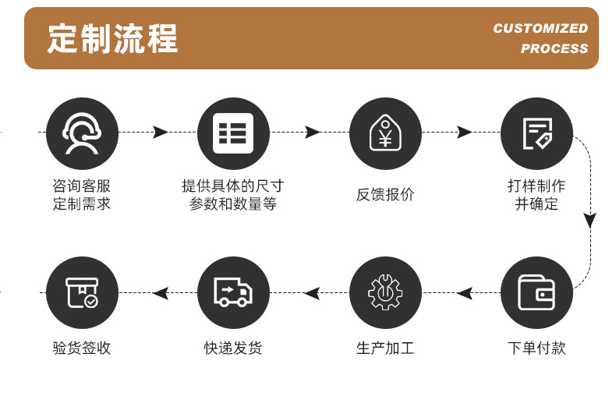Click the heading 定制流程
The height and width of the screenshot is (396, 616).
pyautogui.click(x=113, y=38)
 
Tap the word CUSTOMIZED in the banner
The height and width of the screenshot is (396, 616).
pyautogui.click(x=540, y=29)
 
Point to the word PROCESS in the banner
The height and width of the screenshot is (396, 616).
pyautogui.click(x=554, y=48)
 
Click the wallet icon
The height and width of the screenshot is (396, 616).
pyautogui.click(x=536, y=293)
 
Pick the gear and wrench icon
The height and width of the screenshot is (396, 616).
pyautogui.click(x=384, y=293)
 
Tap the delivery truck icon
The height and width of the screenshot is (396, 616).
pyautogui.click(x=233, y=293)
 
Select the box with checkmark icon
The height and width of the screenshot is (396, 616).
pyautogui.click(x=82, y=293)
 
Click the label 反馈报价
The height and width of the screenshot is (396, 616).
pyautogui.click(x=385, y=195)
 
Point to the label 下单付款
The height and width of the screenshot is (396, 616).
pyautogui.click(x=536, y=348)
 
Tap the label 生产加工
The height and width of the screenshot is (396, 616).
pyautogui.click(x=385, y=348)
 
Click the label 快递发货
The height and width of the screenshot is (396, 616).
pyautogui.click(x=233, y=348)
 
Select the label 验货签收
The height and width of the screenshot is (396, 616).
pyautogui.click(x=82, y=348)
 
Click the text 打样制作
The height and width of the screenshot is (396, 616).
pyautogui.click(x=536, y=186)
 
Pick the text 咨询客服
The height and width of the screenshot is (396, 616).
pyautogui.click(x=82, y=186)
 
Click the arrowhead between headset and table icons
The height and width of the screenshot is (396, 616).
pyautogui.click(x=161, y=133)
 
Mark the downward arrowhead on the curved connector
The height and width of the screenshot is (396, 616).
pyautogui.click(x=590, y=221)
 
